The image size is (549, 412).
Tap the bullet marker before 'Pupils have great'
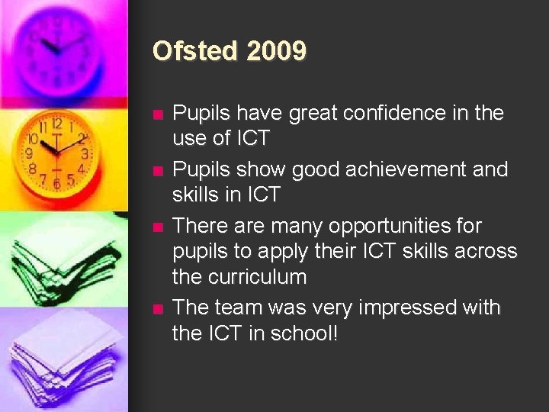tap(157, 115)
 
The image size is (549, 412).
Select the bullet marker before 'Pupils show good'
tap(157, 171)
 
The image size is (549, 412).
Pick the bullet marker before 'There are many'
tap(157, 227)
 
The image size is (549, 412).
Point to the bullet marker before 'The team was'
tap(157, 309)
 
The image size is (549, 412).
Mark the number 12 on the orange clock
tap(56, 123)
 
